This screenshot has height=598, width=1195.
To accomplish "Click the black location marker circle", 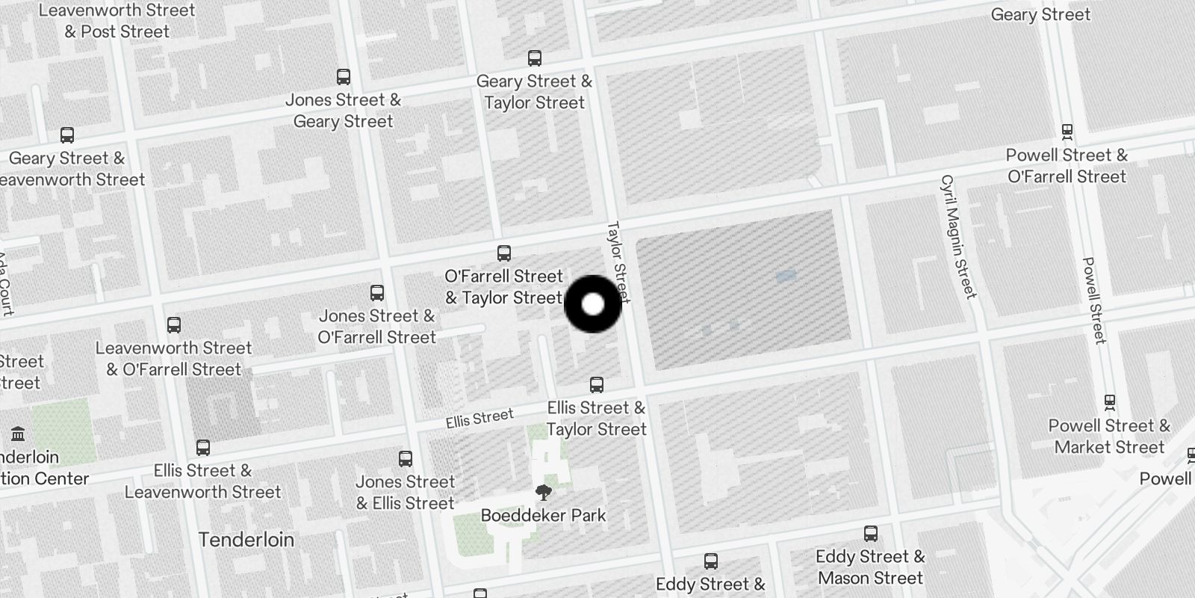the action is pos(593,304).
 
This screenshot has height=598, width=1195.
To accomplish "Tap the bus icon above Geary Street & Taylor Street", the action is pos(535,58).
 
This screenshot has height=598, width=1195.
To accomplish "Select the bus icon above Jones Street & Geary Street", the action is pos(344,77).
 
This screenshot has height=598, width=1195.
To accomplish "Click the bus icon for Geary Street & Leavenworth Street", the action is pos(67,135).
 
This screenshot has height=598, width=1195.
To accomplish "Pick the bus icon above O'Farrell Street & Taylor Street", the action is pos(504,253).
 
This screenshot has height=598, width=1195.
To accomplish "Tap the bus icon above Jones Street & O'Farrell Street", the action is pos(377,293).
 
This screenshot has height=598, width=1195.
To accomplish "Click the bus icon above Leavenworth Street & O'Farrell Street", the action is pos(174,325).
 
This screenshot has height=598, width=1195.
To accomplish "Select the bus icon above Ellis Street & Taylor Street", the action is pos(596,385).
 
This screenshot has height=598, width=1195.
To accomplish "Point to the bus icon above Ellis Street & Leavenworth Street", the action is pos(203,448).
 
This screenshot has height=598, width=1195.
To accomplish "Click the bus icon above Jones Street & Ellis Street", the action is pos(406,459).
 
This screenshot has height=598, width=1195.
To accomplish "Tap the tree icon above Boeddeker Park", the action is pos(544,493).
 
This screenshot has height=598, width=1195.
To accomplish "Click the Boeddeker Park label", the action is pos(543,515).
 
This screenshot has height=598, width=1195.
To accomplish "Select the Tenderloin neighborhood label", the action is pos(246,540).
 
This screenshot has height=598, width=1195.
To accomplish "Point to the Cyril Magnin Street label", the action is pos(958,236).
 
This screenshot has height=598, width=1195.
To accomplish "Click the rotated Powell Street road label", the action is pos(1093,300).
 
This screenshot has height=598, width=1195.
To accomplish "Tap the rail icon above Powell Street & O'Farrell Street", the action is pos(1067,131).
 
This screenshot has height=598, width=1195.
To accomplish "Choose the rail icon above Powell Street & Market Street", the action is pos(1110,401).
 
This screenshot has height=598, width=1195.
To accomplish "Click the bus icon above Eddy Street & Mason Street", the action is pos(870,534).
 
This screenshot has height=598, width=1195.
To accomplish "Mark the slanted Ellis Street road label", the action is pos(479,418).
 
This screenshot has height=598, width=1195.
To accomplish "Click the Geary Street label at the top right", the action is pos(1040,14).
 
